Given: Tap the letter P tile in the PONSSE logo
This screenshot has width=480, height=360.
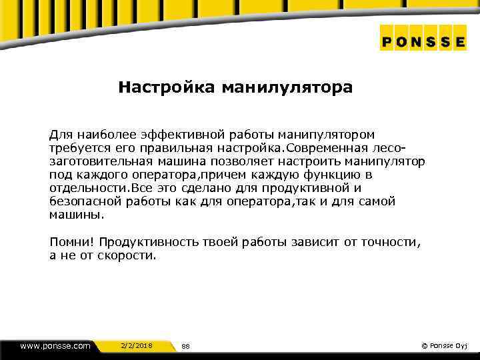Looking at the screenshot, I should pyautogui.click(x=389, y=41).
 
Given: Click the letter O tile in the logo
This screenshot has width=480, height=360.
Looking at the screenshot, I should pyautogui.click(x=405, y=41).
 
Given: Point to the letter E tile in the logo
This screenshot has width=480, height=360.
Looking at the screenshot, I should pyautogui.click(x=459, y=41).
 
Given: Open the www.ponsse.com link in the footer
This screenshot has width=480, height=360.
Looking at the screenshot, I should pyautogui.click(x=55, y=345).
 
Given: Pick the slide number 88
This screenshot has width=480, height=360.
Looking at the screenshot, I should pyautogui.click(x=186, y=346).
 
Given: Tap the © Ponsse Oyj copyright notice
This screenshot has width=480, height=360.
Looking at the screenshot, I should pyautogui.click(x=445, y=345).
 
